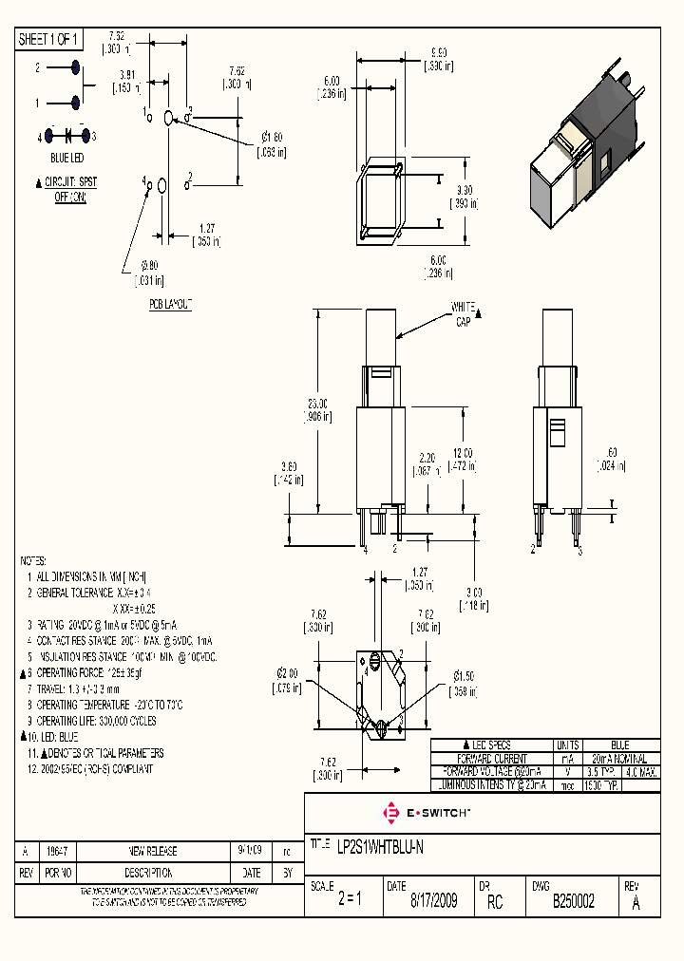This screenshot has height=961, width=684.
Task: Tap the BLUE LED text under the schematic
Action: [66, 157]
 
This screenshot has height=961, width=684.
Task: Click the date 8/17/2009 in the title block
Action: [433, 901]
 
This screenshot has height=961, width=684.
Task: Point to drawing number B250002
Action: [574, 901]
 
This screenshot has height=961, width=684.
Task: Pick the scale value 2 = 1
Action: [350, 901]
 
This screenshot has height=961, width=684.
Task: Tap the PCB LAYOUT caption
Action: [170, 304]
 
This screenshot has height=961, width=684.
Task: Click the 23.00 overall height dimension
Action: [319, 408]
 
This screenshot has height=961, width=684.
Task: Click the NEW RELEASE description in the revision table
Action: [153, 851]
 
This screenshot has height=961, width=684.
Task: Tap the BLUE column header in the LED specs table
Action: [618, 745]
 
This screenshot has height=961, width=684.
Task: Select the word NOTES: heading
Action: [33, 561]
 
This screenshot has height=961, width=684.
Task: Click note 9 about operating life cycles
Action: [95, 721]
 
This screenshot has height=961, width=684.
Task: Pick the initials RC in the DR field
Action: [494, 901]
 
